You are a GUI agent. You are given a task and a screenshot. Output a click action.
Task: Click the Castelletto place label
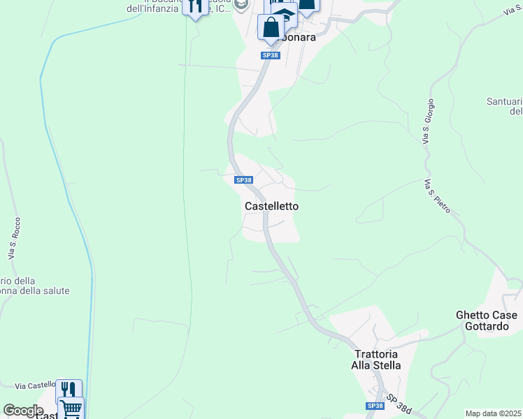pyautogui.click(x=272, y=206)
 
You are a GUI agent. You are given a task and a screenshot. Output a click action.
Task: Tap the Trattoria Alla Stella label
pyautogui.click(x=377, y=359)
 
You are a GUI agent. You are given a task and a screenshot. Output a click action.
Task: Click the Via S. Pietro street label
pyautogui.click(x=437, y=196)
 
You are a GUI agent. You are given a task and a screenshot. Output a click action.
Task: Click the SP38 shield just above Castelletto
pyautogui.click(x=243, y=180)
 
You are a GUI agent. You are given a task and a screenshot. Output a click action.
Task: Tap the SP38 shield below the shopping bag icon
pyautogui.click(x=271, y=55)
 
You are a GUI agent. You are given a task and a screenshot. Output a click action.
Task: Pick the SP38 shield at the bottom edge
pyautogui.click(x=375, y=406)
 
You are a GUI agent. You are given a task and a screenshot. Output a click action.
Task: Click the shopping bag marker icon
pyautogui.click(x=271, y=28)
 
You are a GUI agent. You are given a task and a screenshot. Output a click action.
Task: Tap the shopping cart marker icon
pyautogui.click(x=71, y=409)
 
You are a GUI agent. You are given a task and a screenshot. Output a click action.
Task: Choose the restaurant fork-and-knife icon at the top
pyautogui.click(x=195, y=6)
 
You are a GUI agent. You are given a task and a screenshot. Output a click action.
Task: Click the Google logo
pyautogui.click(x=23, y=411)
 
